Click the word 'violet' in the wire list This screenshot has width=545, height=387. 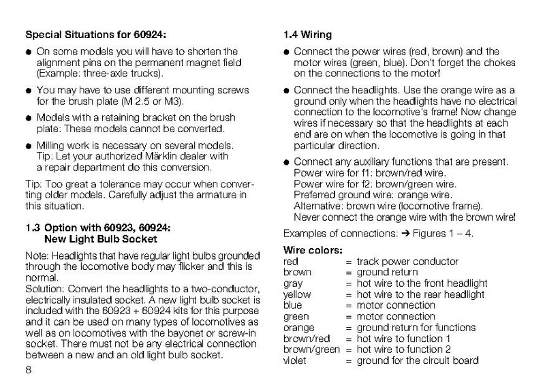295,360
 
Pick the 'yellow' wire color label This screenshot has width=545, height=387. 296,295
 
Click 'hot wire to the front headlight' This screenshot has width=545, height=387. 422,283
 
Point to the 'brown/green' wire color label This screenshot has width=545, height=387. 310,350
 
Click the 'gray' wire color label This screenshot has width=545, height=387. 292,283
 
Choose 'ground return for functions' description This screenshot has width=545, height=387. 417,328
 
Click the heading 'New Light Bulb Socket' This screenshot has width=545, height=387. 100,239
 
